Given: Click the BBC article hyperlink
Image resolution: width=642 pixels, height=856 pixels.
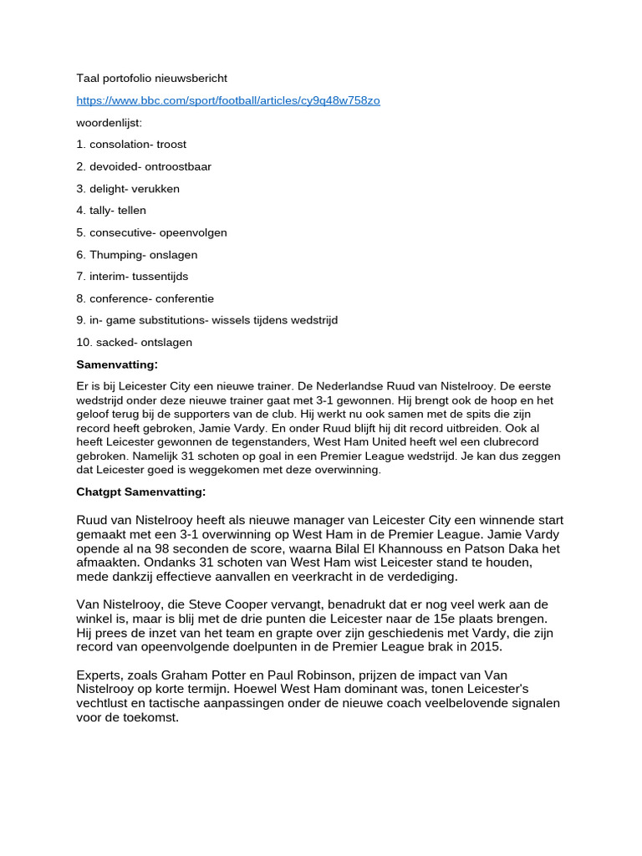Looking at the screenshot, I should [227, 100].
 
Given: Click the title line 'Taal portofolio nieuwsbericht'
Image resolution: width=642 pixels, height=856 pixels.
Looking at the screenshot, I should [151, 79].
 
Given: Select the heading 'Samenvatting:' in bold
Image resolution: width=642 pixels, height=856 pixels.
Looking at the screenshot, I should [117, 364].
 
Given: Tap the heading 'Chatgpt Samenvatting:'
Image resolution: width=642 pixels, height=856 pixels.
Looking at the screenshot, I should [140, 492].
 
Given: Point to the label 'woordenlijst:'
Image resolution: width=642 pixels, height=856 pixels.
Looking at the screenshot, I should [109, 123].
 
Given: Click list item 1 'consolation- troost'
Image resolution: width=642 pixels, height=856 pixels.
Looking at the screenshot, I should [131, 145].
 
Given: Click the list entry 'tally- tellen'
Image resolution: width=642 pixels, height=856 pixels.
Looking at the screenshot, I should [111, 211].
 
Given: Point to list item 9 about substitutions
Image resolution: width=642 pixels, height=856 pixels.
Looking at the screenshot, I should [206, 320].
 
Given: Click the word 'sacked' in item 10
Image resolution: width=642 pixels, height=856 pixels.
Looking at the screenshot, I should [114, 343].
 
